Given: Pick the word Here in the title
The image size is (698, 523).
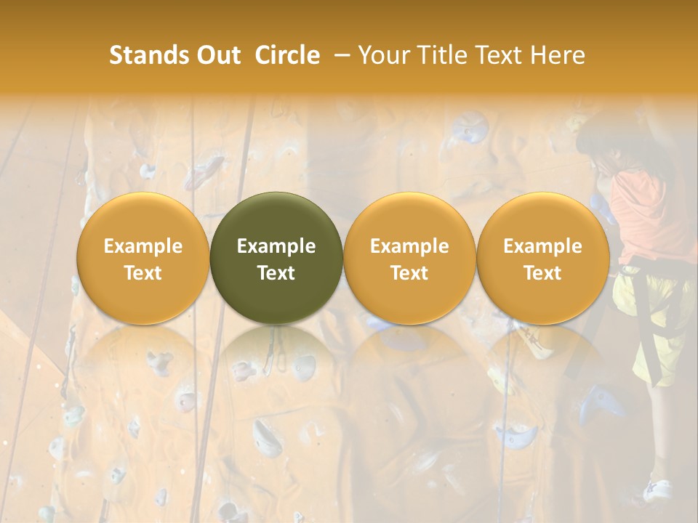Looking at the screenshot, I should point(558,56).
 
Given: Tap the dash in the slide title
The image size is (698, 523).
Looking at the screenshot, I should point(340,56).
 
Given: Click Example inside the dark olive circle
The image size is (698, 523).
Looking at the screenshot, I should point(276,246).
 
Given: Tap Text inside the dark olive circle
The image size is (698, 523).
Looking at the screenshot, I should point(276,273).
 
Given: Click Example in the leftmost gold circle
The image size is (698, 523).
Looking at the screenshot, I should point(143,246).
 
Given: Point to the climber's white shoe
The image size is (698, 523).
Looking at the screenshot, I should point(658,490).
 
